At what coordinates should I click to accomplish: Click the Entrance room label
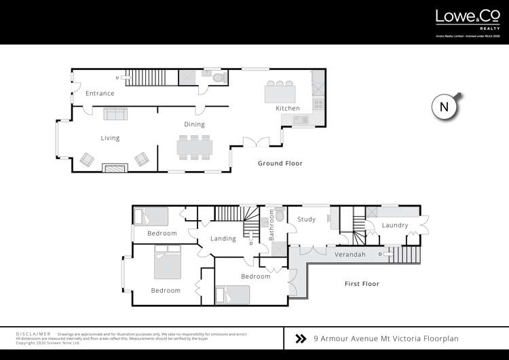pos(99,94)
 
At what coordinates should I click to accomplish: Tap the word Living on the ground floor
pos(110,138)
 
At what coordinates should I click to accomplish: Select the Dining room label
pos(194,124)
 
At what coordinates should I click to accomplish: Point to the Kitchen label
pos(287,109)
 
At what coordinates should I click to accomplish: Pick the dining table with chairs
pos(194,146)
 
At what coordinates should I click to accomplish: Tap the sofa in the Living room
pos(115,113)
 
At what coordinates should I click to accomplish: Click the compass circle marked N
pos(445,107)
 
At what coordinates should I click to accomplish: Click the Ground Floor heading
pos(280,164)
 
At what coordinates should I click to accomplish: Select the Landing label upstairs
pos(223,238)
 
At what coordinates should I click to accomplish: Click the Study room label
pos(307,219)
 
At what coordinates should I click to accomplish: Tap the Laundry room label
pos(394,225)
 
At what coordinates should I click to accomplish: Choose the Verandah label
pos(350,255)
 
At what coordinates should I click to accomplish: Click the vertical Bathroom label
pos(270,226)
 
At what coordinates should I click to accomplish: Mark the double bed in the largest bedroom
pos(168,264)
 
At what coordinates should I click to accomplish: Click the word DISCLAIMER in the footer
pos(33,334)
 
